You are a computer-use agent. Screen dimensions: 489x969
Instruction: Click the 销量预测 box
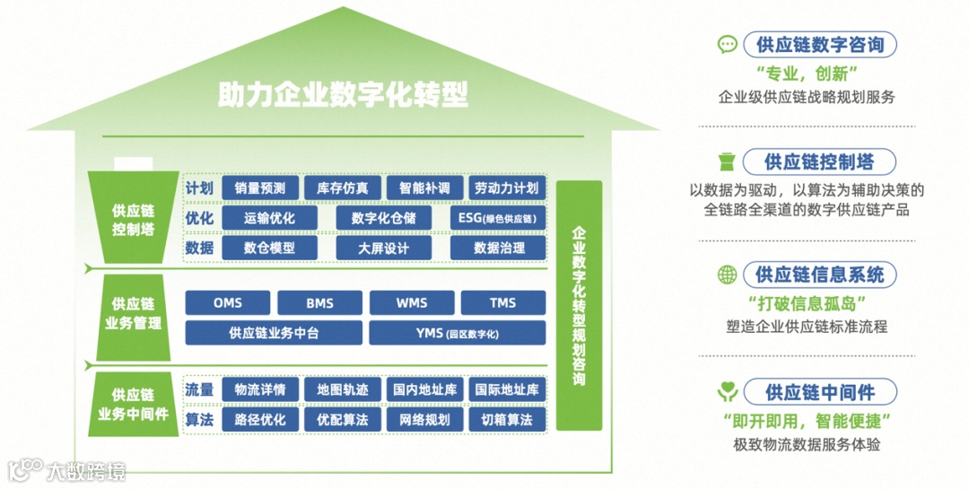260,188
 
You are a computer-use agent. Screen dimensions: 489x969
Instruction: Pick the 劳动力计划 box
507,188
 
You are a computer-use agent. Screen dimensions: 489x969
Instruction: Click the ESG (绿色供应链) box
497,218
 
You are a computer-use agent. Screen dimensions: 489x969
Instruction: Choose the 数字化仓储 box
383,218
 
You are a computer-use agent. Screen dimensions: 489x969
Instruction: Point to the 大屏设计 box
383,249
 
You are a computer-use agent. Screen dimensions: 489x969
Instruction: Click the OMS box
228,303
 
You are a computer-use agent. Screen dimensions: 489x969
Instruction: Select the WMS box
412,303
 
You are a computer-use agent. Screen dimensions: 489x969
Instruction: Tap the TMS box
502,303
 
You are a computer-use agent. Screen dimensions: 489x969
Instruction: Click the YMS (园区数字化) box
457,333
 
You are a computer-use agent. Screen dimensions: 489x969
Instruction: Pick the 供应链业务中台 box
274,333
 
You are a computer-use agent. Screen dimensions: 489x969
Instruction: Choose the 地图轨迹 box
343,389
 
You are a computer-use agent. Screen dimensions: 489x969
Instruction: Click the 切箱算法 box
507,419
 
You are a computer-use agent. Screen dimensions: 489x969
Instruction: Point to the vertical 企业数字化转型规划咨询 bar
579,305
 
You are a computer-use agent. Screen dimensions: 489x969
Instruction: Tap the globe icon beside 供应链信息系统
728,275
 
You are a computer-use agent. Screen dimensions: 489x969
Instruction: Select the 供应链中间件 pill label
819,392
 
